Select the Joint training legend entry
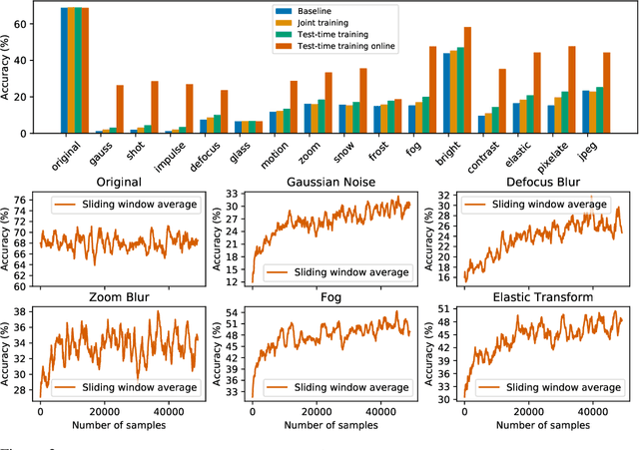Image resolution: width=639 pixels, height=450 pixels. (318, 21)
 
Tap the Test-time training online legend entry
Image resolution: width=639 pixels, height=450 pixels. (339, 46)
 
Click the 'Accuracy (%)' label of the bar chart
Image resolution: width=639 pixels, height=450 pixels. (9, 68)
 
